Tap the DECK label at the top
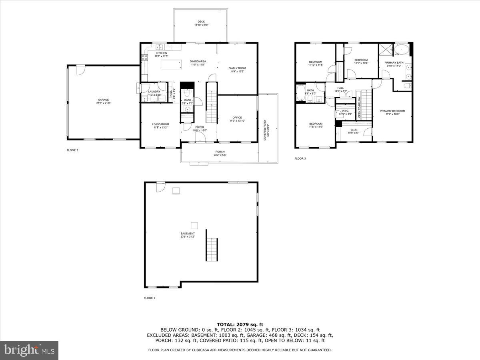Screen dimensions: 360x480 [201, 22]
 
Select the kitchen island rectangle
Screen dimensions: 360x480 [172, 64]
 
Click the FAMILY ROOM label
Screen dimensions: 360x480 [237, 68]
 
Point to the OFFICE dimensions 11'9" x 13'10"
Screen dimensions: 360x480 [237, 121]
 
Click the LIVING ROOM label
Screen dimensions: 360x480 [160, 124]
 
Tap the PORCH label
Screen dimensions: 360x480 [220, 152]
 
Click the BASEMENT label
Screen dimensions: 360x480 [188, 234]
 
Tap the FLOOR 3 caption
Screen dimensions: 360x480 [300, 158]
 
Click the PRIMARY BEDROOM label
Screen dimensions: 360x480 [392, 111]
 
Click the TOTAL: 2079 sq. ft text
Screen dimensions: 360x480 [240, 324]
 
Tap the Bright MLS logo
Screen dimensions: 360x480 [30, 350]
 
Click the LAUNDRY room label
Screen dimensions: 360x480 [154, 92]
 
